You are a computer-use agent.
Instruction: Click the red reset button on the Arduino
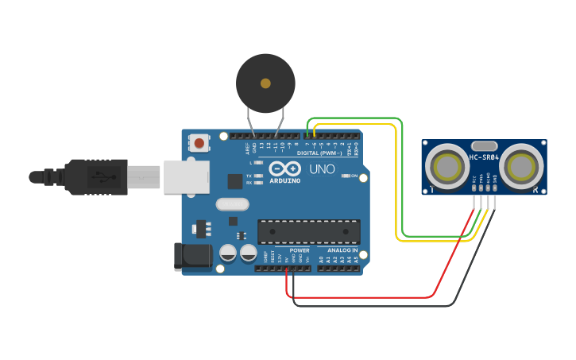[199, 143]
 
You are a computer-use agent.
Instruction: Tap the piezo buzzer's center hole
[265, 83]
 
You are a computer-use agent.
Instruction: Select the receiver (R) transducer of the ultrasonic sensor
[521, 167]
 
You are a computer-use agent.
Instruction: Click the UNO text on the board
[322, 169]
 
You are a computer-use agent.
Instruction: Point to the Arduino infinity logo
[285, 168]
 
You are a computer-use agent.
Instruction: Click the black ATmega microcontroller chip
[308, 231]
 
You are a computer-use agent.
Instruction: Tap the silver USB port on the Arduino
[185, 176]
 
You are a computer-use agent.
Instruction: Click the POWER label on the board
[300, 250]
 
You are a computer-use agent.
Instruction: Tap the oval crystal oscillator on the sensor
[484, 145]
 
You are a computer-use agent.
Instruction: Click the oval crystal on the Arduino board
[232, 204]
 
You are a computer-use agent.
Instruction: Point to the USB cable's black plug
[96, 176]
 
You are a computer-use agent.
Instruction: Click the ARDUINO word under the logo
[285, 180]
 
